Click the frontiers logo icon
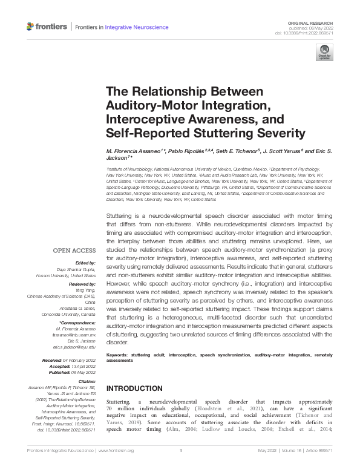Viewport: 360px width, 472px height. tap(31, 27)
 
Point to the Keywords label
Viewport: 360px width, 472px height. tap(120, 353)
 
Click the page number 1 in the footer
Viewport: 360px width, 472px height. tap(180, 467)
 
